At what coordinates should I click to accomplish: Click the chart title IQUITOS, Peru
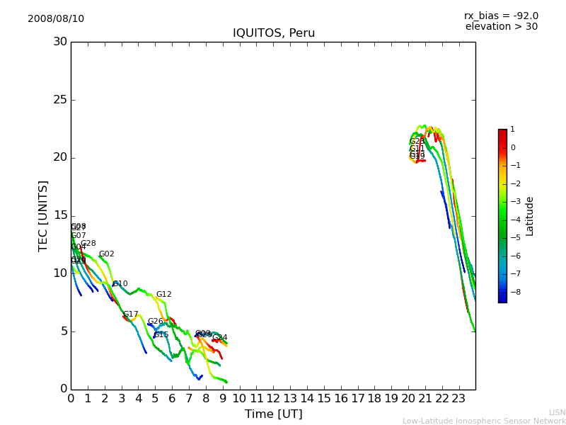[x=274, y=33]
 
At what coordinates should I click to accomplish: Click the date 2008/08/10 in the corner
[x=56, y=19]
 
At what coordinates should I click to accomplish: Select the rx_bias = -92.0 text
[x=501, y=16]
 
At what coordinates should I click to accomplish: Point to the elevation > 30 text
[x=501, y=27]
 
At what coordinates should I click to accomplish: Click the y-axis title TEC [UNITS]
[x=43, y=215]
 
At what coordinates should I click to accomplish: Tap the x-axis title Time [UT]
[x=273, y=414]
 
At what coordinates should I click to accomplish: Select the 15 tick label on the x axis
[x=323, y=398]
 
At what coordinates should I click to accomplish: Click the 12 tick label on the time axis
[x=273, y=398]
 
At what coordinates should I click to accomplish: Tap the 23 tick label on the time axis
[x=458, y=398]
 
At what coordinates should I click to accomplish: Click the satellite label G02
[x=106, y=254]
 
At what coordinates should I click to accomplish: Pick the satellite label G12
[x=163, y=295]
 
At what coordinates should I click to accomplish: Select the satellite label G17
[x=131, y=314]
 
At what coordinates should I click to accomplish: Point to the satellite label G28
[x=88, y=244]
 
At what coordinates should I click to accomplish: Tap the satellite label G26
[x=155, y=322]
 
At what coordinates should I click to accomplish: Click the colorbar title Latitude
[x=530, y=216]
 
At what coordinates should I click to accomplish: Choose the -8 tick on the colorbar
[x=514, y=292]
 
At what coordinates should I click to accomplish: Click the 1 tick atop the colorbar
[x=512, y=130]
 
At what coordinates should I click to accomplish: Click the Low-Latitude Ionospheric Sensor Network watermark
[x=484, y=421]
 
